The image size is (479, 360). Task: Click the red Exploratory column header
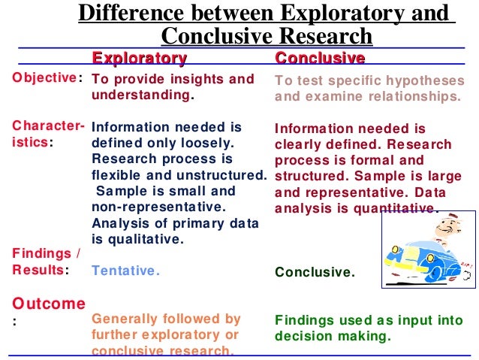pos(139,58)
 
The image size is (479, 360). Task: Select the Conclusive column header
pos(320,58)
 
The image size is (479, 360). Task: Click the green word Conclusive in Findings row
pos(314,272)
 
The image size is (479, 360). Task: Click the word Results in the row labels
pos(38,271)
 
